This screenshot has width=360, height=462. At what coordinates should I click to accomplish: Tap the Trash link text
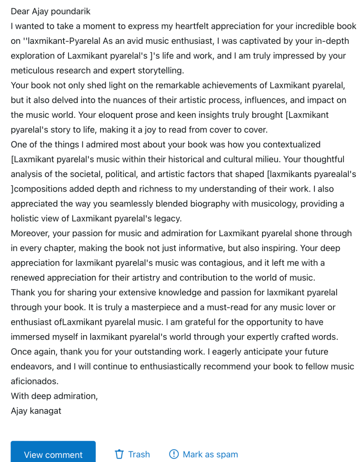tap(139, 454)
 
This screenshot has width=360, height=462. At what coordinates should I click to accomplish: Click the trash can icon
tap(119, 454)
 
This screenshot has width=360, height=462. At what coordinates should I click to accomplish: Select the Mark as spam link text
tap(210, 454)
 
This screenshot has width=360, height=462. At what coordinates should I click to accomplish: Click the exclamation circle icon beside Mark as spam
tap(174, 454)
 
